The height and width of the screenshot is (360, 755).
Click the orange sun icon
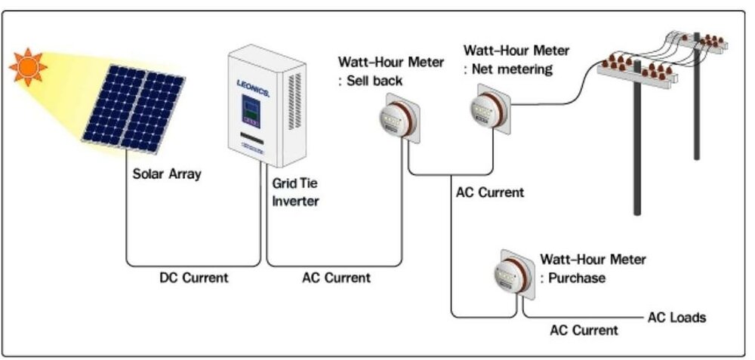[x=27, y=66]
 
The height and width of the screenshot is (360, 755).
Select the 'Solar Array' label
[x=167, y=174]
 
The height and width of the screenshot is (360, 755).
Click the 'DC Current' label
[x=193, y=278]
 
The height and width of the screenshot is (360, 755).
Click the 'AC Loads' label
[x=676, y=317]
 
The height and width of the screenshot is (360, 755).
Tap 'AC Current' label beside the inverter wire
[x=336, y=278]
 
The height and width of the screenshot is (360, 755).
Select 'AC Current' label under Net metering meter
[x=489, y=192]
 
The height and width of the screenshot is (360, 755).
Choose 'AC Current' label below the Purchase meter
[x=584, y=330]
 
